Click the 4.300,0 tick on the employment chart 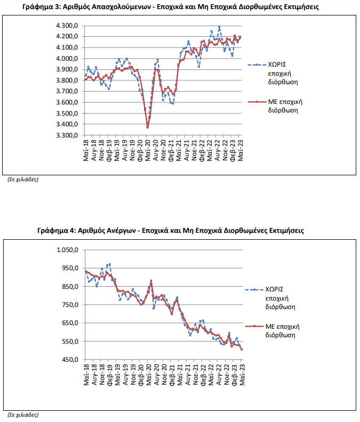coord(67,26)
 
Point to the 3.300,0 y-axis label coord(67,135)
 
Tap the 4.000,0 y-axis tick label coord(67,59)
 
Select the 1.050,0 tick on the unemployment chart coord(68,250)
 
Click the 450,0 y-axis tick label coord(70,360)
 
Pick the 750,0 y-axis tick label coord(70,305)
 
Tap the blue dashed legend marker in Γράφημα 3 coord(257,64)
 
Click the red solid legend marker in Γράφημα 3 coord(257,102)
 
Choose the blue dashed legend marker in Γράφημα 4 coord(254,289)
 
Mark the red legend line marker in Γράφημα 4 coord(254,327)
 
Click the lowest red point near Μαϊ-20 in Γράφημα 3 coord(147,127)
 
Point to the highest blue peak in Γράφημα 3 coord(219,27)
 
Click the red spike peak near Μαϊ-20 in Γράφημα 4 coord(151,281)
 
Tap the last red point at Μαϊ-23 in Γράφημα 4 coord(242,350)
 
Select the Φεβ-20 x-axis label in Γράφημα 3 coord(140,150)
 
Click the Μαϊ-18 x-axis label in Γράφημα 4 coord(86,375)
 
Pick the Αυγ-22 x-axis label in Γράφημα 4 coord(219,375)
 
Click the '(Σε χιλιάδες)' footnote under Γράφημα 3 coord(23,180)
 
